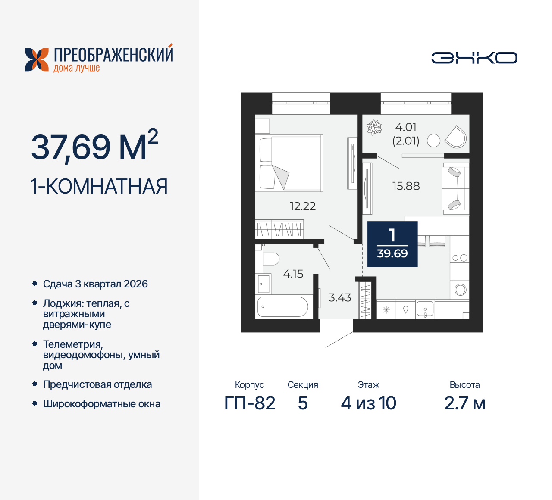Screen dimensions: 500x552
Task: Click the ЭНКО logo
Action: pos(474,58)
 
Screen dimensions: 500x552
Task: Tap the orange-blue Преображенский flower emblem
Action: pos(37,59)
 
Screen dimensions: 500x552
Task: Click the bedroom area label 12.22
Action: pos(302,206)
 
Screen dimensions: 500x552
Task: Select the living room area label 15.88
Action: pos(406,186)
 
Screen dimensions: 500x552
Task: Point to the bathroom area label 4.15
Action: pos(293,274)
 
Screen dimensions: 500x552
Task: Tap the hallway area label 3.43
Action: pos(340,298)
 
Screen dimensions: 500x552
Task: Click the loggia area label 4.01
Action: pos(406,127)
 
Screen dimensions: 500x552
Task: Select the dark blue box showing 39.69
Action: pos(392,244)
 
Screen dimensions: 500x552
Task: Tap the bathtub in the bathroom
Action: pos(283,307)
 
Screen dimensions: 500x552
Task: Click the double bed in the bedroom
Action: pos(289,163)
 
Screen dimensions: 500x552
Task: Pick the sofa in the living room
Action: pos(455,188)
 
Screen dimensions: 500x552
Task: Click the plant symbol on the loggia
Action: pos(374,128)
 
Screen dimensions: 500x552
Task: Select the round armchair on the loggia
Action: pos(456,137)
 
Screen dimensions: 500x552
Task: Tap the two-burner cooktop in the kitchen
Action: pos(459,258)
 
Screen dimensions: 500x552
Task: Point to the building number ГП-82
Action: pos(250,403)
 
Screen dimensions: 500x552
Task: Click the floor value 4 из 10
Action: pos(368,403)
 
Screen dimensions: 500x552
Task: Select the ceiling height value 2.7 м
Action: pos(464,403)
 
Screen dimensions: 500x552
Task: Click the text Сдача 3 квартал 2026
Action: pos(95,284)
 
